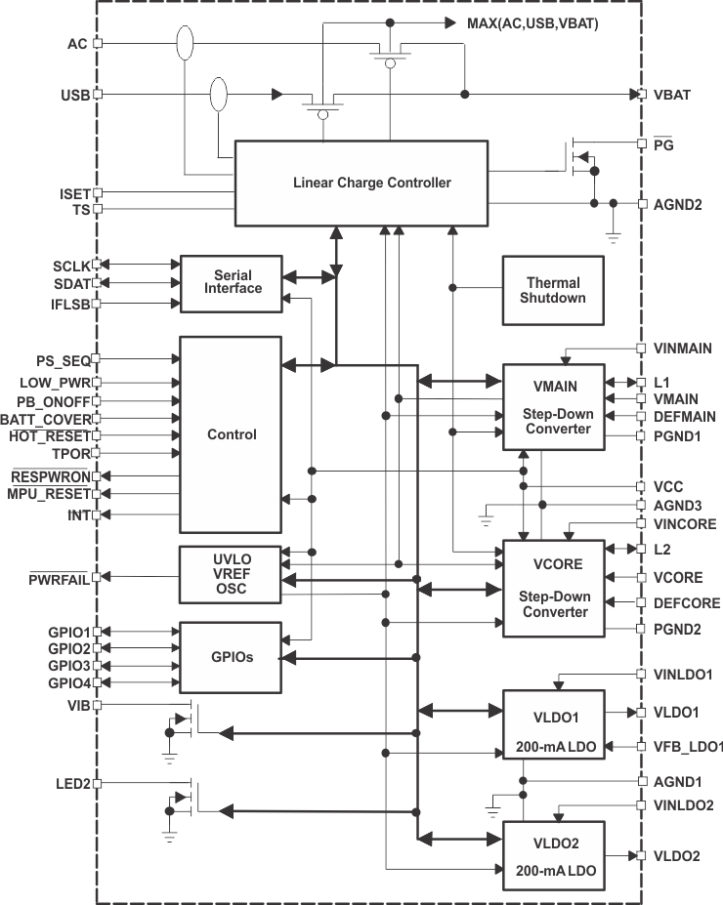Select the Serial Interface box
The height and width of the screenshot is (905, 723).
click(x=231, y=283)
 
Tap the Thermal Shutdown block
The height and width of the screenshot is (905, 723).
click(x=553, y=290)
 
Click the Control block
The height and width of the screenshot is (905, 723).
click(x=231, y=434)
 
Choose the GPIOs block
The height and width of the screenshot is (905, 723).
click(x=231, y=657)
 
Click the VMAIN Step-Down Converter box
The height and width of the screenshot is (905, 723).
click(x=553, y=406)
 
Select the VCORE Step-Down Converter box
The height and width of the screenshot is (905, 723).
click(x=553, y=588)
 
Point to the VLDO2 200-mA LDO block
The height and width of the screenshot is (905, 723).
click(x=553, y=854)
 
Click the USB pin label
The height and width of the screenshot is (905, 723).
click(x=74, y=95)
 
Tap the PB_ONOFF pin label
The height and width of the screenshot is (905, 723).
click(x=54, y=401)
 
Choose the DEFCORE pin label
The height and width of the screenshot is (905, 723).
click(x=686, y=603)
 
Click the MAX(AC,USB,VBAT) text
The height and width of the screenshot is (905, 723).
click(x=532, y=21)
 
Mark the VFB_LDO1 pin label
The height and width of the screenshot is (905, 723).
click(x=688, y=747)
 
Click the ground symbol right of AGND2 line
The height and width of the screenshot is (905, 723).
click(x=613, y=234)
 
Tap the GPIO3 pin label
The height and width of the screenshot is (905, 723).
click(x=68, y=666)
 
